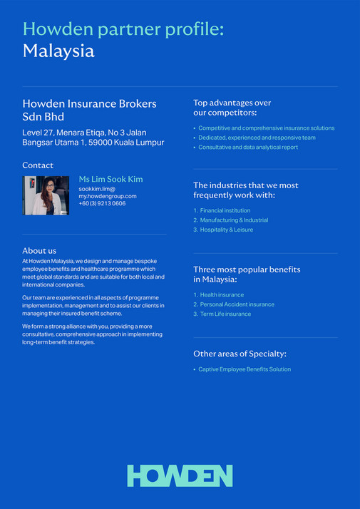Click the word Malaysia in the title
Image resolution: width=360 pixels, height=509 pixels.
click(58, 51)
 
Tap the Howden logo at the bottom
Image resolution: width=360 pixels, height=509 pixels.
click(180, 475)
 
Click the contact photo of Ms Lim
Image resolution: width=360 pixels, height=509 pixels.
click(46, 195)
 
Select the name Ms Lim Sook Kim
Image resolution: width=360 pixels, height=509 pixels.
click(110, 179)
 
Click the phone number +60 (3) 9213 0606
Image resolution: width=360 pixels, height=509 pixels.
click(102, 203)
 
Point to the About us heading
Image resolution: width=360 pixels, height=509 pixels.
click(39, 250)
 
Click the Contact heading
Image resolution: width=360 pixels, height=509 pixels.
click(38, 165)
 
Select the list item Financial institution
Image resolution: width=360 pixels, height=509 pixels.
click(225, 210)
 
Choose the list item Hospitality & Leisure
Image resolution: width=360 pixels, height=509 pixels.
click(226, 230)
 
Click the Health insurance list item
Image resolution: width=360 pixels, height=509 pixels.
click(222, 294)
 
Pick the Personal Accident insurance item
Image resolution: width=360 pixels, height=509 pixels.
click(237, 304)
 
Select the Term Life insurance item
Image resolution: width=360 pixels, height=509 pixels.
click(225, 314)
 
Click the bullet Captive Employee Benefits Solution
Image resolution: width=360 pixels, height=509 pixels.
click(245, 369)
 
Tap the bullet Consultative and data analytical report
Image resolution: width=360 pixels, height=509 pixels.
click(248, 147)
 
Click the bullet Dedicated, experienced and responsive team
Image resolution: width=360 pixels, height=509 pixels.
click(257, 138)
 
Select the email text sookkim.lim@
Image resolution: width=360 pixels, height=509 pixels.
click(97, 188)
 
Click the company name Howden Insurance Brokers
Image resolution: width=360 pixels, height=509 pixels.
click(89, 104)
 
